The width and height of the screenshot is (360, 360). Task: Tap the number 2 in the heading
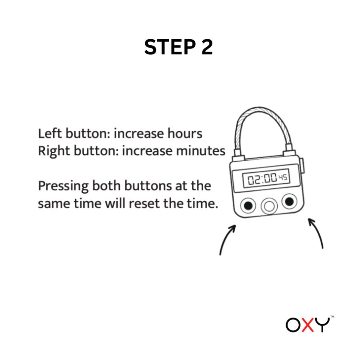pos(206,47)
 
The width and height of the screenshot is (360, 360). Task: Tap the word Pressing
pos(63,186)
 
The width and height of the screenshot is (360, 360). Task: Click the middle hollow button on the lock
pos(269,206)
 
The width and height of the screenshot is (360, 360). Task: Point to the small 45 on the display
pos(283,178)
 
